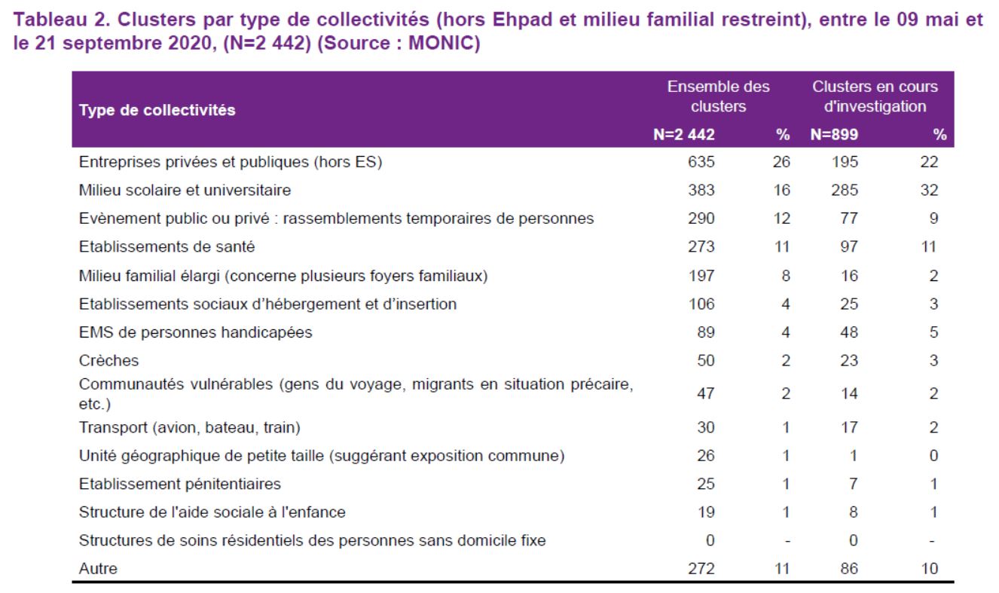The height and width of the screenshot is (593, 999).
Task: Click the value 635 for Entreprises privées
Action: (701, 162)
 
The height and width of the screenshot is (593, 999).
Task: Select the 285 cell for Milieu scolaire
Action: (845, 190)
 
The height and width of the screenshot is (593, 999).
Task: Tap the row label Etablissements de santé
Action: (166, 246)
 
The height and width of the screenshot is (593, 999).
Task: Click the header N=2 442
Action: (684, 134)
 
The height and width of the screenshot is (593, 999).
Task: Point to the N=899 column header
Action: (835, 134)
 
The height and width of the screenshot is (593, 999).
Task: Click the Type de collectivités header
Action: (157, 110)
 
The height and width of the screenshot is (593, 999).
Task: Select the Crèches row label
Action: (108, 360)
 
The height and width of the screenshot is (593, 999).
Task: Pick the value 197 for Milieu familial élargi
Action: (701, 276)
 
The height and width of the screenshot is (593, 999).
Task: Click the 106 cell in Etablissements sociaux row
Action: (701, 304)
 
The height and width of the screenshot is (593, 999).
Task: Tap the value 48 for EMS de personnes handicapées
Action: (849, 332)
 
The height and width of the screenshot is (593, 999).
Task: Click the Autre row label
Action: (98, 569)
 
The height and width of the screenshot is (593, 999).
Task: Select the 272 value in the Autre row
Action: (701, 569)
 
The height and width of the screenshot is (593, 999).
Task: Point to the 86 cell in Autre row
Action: (849, 569)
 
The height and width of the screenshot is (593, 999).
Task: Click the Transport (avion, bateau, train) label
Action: (190, 427)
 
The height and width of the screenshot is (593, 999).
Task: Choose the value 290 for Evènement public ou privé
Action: (701, 219)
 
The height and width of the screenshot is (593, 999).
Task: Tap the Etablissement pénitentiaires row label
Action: (180, 484)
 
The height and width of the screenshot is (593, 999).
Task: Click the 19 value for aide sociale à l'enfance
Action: (706, 512)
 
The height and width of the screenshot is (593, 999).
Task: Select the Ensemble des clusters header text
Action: (719, 96)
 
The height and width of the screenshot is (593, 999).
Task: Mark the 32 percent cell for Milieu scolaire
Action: (930, 190)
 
